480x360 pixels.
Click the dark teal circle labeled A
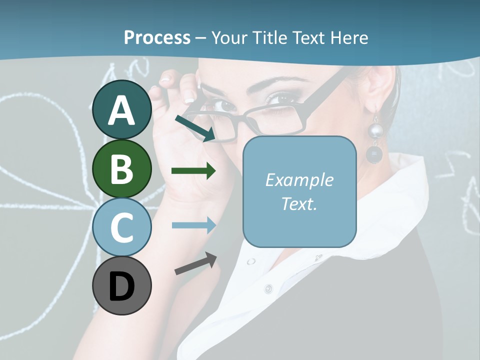(122, 110)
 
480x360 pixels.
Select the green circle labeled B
(122, 168)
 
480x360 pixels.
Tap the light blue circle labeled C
(122, 227)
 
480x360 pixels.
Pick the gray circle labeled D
(122, 285)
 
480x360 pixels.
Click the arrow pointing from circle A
(194, 128)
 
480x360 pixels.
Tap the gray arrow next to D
(195, 263)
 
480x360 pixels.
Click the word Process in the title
(157, 37)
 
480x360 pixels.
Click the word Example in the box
(299, 180)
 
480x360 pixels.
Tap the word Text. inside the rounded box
(299, 203)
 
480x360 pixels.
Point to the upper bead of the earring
(375, 131)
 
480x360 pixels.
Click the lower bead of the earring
(373, 154)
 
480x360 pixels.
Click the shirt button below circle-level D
(268, 288)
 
